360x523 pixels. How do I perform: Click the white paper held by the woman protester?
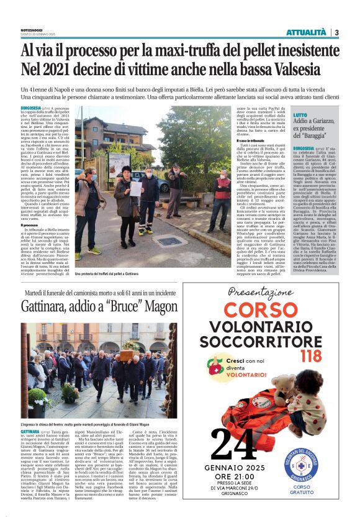(136, 188)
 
